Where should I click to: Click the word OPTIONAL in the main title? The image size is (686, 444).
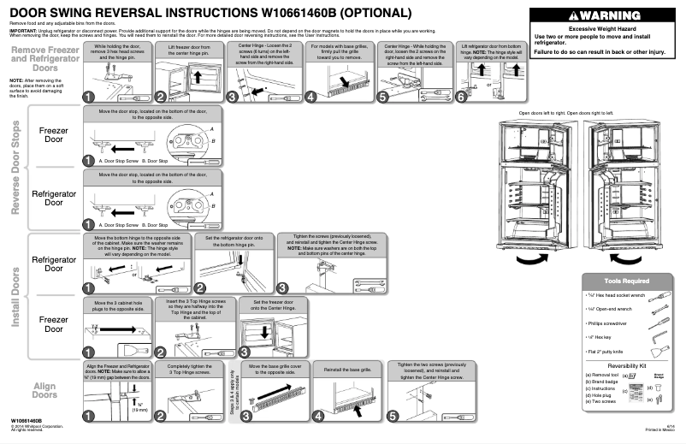pyautogui.click(x=370, y=14)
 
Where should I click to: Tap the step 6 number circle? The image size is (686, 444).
pyautogui.click(x=463, y=98)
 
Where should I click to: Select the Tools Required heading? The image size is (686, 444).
pyautogui.click(x=626, y=281)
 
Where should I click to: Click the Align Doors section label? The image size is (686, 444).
pyautogui.click(x=44, y=390)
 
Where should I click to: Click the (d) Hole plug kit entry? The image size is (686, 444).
pyautogui.click(x=602, y=396)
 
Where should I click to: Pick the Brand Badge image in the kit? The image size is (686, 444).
pyautogui.click(x=659, y=375)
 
